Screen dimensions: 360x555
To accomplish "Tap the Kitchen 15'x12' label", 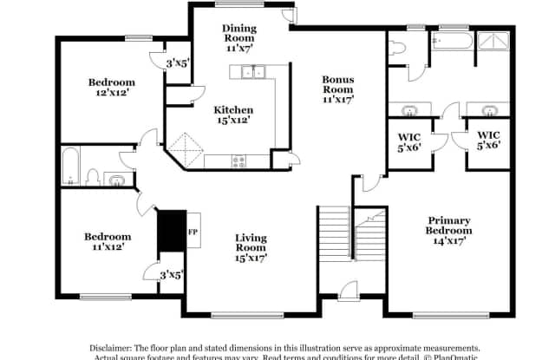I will click(234, 115).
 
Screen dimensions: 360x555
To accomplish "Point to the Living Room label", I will click(250, 246).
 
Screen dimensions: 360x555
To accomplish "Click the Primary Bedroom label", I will click(448, 231).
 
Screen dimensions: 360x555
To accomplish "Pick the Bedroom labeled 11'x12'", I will click(108, 241).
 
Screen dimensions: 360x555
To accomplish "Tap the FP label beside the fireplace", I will click(193, 231).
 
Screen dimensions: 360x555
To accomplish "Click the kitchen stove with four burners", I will click(238, 160).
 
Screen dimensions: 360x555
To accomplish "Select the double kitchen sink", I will click(253, 74).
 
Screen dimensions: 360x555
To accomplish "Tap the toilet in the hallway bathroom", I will click(93, 178).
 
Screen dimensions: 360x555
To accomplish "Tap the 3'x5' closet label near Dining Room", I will click(179, 62).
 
